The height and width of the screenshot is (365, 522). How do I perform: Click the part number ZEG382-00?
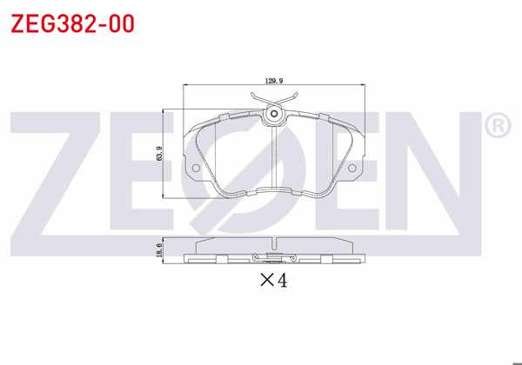click(x=72, y=23)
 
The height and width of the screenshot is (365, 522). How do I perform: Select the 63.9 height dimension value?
click(x=159, y=154)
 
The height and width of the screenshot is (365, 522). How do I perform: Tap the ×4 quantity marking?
click(x=273, y=280)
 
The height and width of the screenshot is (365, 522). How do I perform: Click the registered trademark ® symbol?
click(x=497, y=127)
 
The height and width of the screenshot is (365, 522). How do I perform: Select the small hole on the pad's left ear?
click(x=196, y=168)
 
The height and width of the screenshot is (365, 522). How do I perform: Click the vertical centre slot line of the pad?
click(x=273, y=156)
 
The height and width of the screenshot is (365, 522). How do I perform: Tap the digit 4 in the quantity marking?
click(x=281, y=280)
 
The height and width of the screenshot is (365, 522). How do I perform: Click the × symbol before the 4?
click(x=266, y=281)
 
